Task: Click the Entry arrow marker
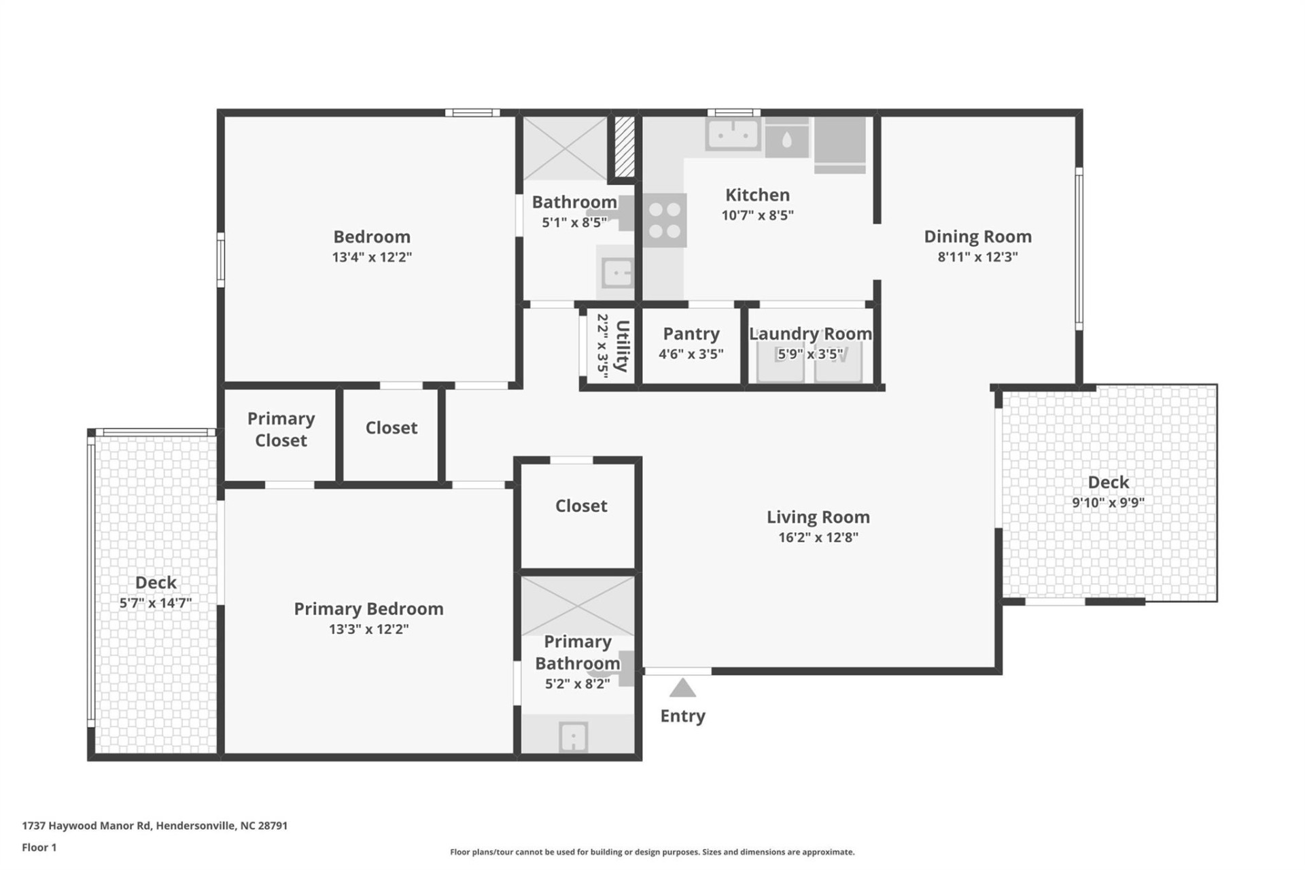click(682, 689)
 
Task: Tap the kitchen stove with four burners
click(664, 220)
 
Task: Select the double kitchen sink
click(732, 135)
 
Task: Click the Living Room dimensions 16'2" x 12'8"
click(818, 538)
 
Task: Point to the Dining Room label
click(977, 237)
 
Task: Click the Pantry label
click(691, 334)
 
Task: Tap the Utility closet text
click(621, 346)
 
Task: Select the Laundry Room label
click(810, 334)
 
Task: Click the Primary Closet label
click(281, 429)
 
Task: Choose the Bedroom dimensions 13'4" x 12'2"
click(372, 257)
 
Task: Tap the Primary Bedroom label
click(368, 608)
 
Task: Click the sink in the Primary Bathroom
click(573, 737)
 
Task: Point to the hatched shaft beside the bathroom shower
click(624, 146)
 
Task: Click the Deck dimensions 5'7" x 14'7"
click(156, 603)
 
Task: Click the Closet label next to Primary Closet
click(391, 428)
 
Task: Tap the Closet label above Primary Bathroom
click(580, 506)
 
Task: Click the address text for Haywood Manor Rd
click(154, 826)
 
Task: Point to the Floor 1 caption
click(39, 848)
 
